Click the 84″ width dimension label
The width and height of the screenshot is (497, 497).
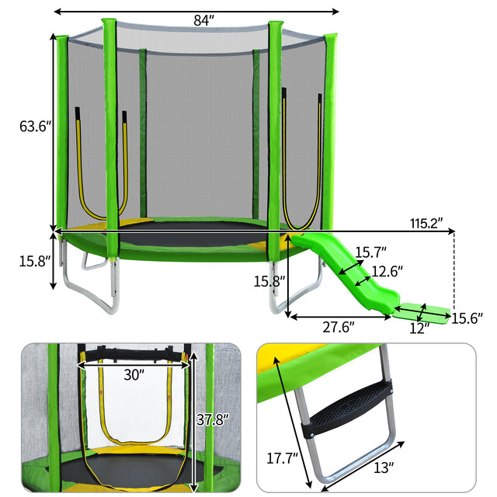click(203, 21)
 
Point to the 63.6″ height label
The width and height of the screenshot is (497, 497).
click(35, 126)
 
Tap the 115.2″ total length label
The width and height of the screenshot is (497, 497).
click(426, 224)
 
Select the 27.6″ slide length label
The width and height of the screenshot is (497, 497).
click(339, 327)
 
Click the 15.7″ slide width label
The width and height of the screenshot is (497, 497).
click(370, 252)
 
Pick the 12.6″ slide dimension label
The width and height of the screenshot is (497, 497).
click(387, 271)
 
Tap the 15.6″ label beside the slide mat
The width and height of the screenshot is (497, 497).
click(467, 318)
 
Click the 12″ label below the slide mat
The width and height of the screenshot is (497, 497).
click(419, 328)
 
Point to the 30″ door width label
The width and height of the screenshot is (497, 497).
click(134, 375)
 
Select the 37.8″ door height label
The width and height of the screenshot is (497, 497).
click(212, 420)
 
